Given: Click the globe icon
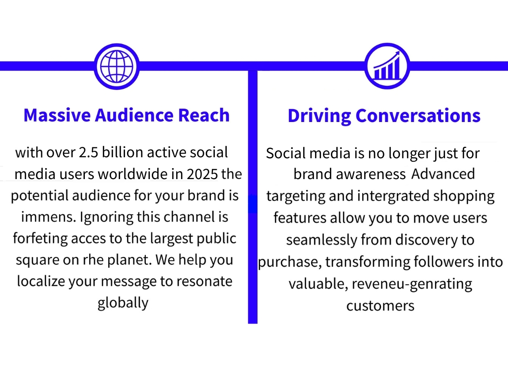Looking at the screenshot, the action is [x=117, y=66].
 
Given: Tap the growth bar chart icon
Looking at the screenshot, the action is [x=387, y=66].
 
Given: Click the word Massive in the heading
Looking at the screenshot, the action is [x=57, y=115].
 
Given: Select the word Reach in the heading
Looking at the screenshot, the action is [x=204, y=115].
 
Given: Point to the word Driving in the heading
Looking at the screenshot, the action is [x=319, y=116].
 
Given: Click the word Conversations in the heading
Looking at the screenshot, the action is [x=418, y=115].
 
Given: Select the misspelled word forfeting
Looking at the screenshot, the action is [x=40, y=239].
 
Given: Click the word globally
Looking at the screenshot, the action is [x=123, y=303].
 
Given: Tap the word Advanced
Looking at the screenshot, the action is [x=443, y=174].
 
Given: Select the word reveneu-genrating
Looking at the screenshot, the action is [x=412, y=284].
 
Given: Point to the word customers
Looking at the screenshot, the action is [x=381, y=306].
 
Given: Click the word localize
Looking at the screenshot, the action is [x=39, y=281].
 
